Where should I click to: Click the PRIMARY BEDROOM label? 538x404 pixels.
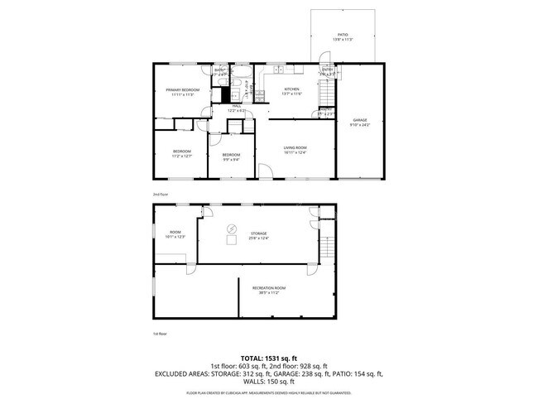coord(182,89)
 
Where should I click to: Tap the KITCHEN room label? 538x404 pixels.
coord(291,89)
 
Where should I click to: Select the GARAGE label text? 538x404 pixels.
coord(360,120)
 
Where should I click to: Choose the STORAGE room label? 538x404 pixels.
coord(259,233)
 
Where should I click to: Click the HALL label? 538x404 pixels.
coord(237,106)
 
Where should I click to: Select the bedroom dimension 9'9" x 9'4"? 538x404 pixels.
coord(231,159)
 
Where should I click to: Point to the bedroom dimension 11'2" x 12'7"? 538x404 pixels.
coord(181,155)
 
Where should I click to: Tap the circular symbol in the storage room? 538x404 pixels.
coord(232,228)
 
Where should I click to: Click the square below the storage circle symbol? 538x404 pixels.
coord(232,241)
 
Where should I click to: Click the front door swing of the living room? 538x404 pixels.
coord(265,171)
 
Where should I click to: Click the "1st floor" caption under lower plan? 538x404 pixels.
coord(160,333)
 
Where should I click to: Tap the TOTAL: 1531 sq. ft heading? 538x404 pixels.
coord(269,358)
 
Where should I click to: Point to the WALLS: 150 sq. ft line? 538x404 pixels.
coord(269,382)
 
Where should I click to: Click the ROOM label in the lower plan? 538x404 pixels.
coord(175,232)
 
